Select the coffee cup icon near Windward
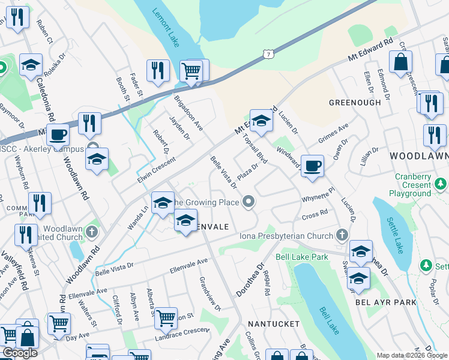click(x=312, y=166)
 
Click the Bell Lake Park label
click(x=302, y=257)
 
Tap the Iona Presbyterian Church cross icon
click(x=342, y=235)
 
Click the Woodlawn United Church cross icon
click(x=91, y=231)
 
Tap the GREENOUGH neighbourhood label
click(x=355, y=103)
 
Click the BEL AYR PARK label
click(x=386, y=302)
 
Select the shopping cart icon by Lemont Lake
click(x=191, y=71)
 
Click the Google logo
click(x=20, y=353)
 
